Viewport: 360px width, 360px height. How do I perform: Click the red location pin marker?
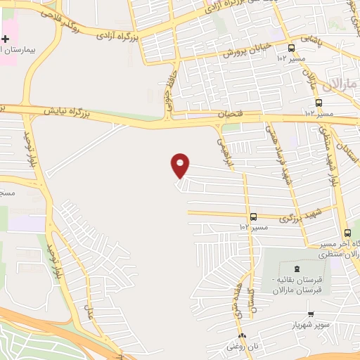pyautogui.click(x=181, y=166)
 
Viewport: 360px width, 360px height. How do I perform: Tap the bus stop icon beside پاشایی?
pyautogui.click(x=291, y=48)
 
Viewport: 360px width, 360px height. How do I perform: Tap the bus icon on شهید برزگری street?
pyautogui.click(x=253, y=217)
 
